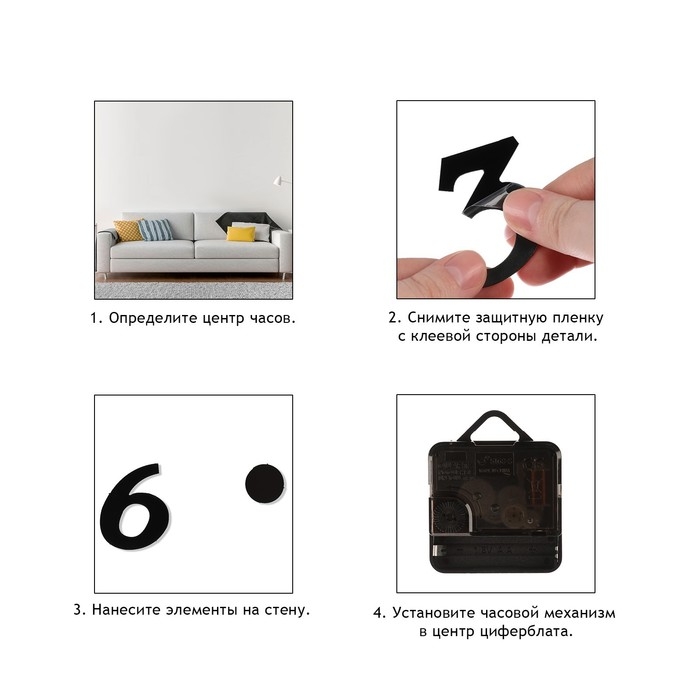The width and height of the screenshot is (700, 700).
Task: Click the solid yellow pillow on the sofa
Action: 241,233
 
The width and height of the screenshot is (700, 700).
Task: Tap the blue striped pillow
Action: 155,230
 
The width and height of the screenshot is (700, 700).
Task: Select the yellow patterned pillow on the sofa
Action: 128,230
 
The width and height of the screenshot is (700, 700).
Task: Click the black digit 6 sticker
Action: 134,507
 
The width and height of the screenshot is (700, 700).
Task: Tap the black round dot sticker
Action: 265,484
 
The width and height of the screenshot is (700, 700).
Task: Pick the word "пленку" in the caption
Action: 578,318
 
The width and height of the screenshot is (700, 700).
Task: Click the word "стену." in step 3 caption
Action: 287,610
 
